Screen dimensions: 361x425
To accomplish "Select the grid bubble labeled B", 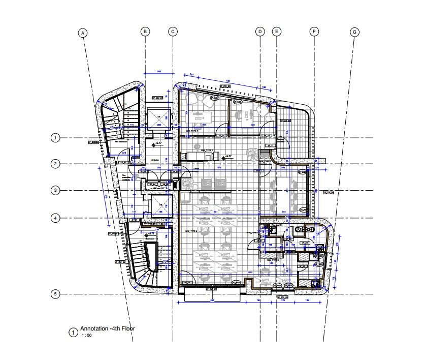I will [x=145, y=32].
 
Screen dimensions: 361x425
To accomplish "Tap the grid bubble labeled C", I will [x=173, y=32].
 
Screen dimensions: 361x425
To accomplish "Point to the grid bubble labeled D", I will [x=259, y=32].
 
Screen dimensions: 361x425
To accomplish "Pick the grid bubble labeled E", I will [x=277, y=32].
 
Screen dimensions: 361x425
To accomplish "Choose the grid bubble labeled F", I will [x=314, y=32].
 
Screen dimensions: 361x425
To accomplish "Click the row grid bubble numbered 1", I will [x=56, y=138].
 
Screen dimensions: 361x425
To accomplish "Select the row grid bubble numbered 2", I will [x=56, y=164].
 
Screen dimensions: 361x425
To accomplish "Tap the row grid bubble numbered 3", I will [x=56, y=190].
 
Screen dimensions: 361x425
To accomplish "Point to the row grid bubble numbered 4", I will [x=56, y=218].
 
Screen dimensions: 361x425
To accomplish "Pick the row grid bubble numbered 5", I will [x=56, y=294].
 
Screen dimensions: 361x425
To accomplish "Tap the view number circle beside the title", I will [x=73, y=333].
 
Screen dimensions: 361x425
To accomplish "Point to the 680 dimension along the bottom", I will [x=213, y=300].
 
